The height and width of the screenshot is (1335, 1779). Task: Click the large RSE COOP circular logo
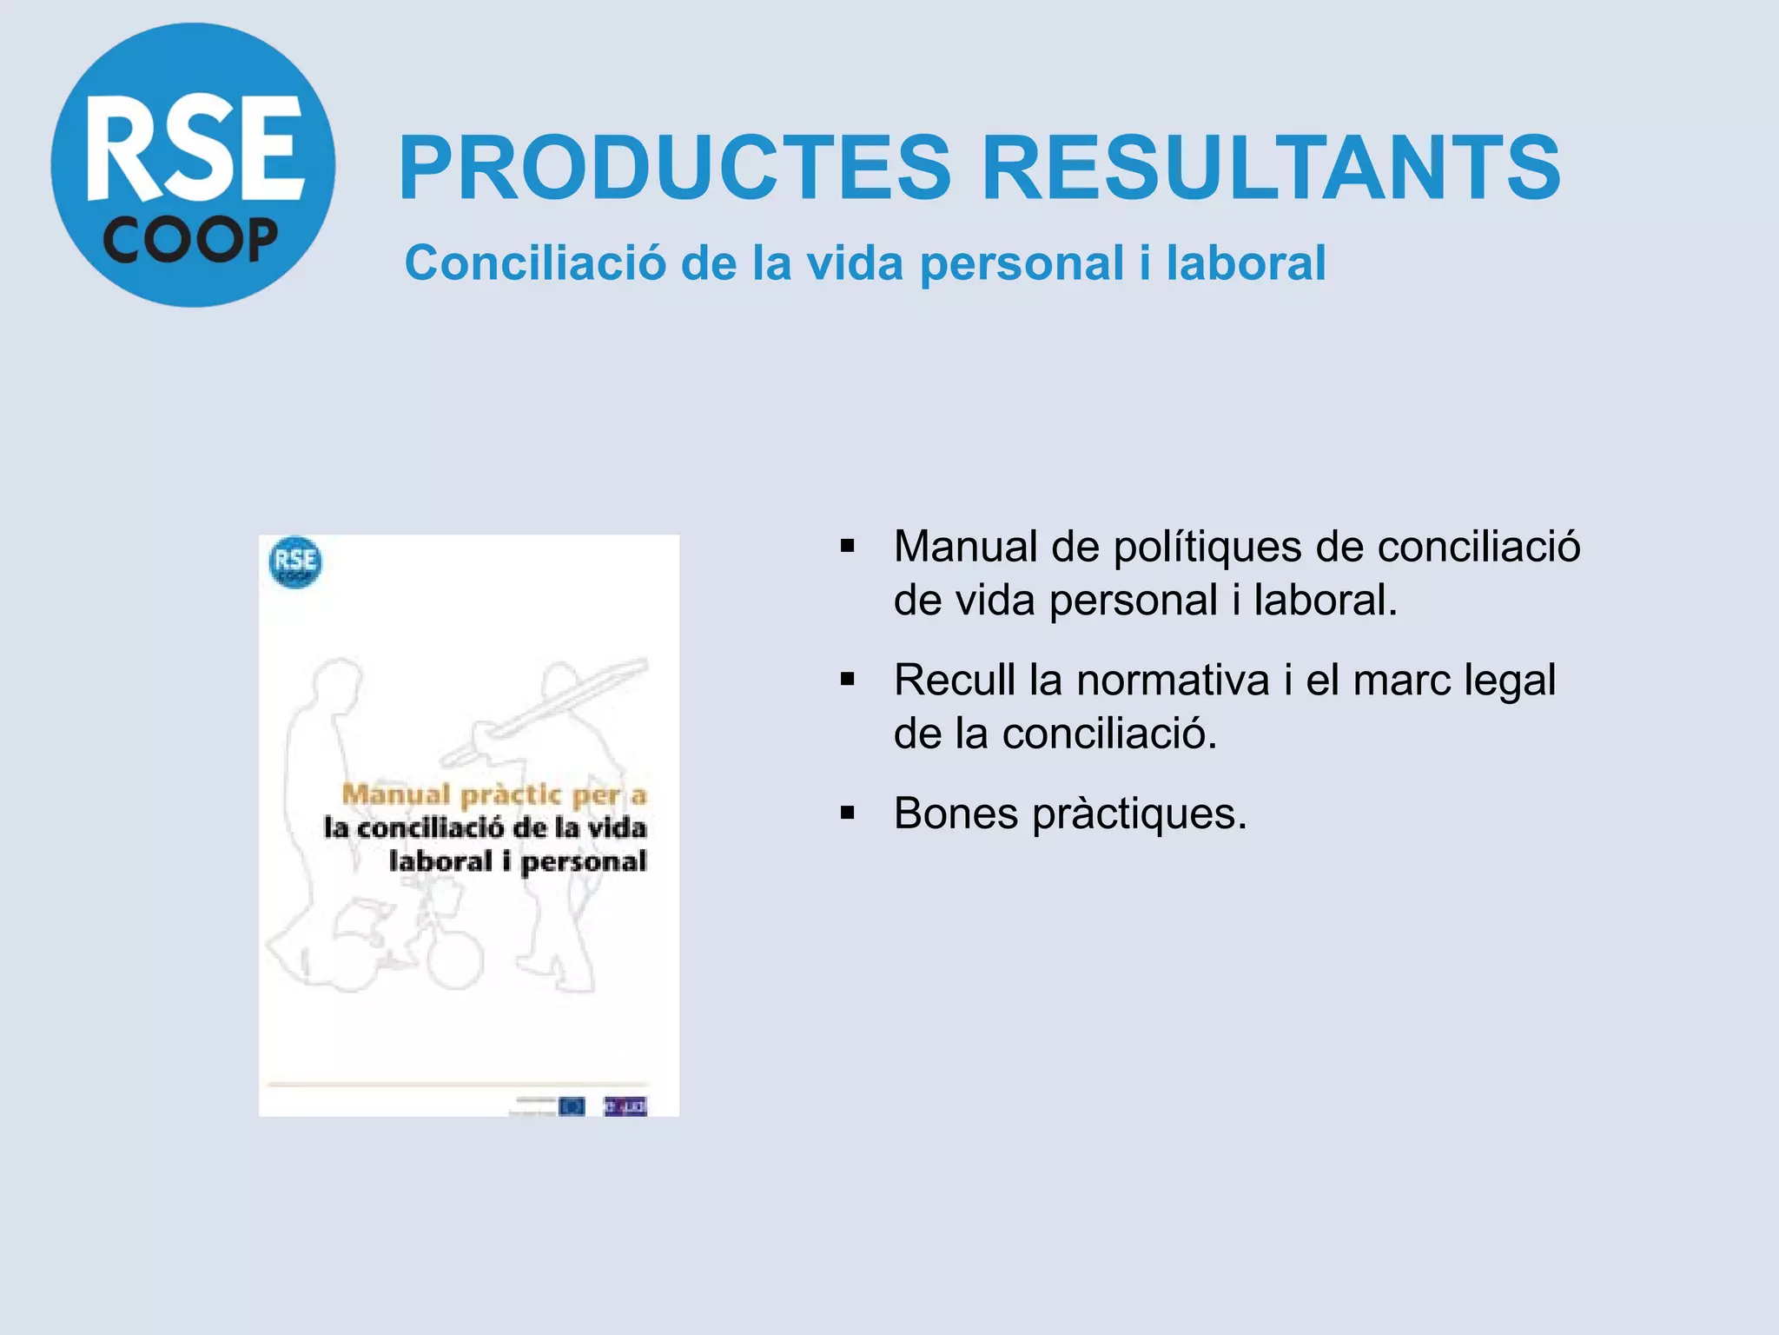coord(193,165)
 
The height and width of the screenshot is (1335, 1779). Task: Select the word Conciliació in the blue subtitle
coord(536,262)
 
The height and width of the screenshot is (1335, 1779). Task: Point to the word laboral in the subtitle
coord(1246,262)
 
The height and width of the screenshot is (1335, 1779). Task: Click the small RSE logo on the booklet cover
coord(295,562)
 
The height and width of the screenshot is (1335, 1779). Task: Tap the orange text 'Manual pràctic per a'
coord(493,794)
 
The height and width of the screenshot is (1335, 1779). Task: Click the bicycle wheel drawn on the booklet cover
coord(455,960)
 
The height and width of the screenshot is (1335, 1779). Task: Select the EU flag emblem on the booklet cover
coord(572,1106)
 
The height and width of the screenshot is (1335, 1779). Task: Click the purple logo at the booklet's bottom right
coord(625,1106)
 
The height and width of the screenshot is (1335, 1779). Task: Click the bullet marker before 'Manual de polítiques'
coord(848,547)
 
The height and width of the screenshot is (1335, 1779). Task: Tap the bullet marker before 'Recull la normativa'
coord(848,680)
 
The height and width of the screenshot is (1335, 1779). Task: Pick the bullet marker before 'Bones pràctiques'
coord(848,814)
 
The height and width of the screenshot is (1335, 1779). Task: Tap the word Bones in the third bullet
coord(956,814)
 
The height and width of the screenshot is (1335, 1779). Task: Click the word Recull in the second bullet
coord(955,680)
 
